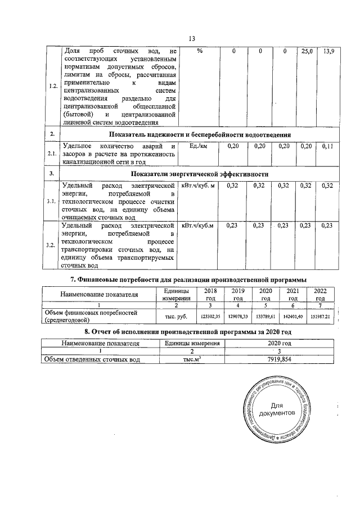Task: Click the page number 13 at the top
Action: point(191,38)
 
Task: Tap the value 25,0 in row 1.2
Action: point(307,52)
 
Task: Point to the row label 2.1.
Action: point(52,154)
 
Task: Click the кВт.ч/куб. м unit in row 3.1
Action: point(198,186)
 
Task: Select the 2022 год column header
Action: point(321,294)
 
